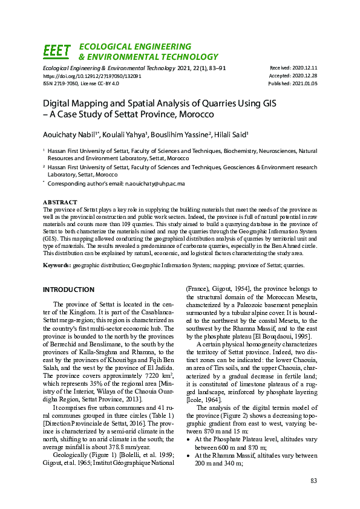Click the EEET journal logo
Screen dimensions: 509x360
tap(57, 52)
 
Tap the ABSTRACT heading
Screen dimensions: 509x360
tap(61, 202)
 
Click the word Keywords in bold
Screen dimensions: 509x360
tap(56, 265)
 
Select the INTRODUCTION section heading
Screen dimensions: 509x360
tap(68, 290)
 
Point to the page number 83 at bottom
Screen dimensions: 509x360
tap(313, 481)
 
